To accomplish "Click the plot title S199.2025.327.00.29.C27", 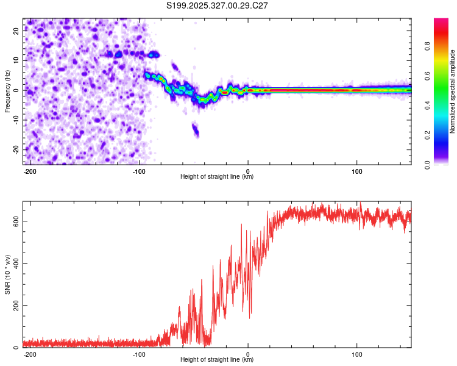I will tap(218, 5).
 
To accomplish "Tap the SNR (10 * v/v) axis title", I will tap(8, 274).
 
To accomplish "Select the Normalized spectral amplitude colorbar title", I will tap(452, 91).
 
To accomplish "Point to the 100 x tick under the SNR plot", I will tap(356, 354).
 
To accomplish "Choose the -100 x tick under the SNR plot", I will tap(139, 354).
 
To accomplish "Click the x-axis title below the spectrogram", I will tap(217, 177).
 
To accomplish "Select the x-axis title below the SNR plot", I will tap(217, 360).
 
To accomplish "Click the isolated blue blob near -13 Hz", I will tap(196, 129).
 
